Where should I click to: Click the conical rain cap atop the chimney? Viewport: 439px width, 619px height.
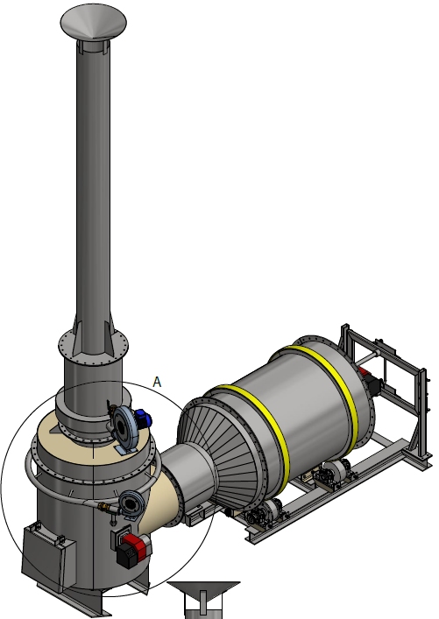point(93,21)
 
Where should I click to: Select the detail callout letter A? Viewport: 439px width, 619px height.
point(157,382)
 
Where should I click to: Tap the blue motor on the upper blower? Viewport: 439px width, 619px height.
point(144,418)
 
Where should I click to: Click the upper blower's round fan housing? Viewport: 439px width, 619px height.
point(124,426)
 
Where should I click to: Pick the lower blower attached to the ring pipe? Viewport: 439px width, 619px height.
point(131,503)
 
